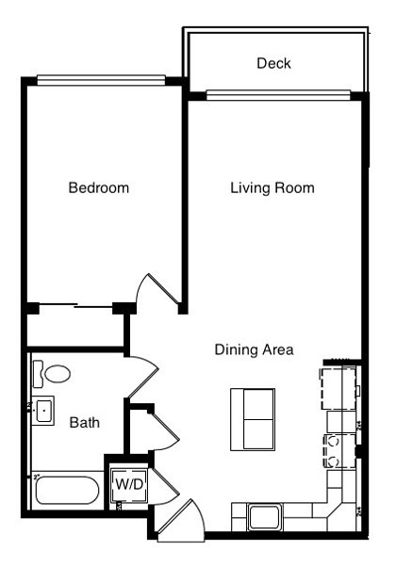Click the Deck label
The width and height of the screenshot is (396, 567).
[273, 63]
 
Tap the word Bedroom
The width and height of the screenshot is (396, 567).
[99, 187]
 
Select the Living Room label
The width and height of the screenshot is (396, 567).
[272, 187]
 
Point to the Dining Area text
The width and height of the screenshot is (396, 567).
[255, 349]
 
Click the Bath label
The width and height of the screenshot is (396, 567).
[84, 422]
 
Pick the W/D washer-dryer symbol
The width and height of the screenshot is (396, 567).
[129, 484]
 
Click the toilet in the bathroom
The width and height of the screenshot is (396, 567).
[52, 374]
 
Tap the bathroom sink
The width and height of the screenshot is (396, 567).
[43, 411]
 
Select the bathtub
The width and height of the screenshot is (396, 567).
[67, 491]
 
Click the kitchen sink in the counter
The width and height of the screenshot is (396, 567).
[264, 517]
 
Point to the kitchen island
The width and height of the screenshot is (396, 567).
[253, 419]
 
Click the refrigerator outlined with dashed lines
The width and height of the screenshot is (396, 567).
[338, 388]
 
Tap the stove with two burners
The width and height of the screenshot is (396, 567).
[339, 451]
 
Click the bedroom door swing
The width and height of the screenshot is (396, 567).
[158, 291]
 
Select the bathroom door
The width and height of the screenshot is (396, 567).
[143, 377]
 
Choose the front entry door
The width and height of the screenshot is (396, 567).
[181, 521]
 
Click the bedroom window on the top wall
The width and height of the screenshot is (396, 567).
[101, 80]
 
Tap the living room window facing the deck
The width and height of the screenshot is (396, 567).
[278, 95]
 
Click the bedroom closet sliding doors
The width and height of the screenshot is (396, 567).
[75, 306]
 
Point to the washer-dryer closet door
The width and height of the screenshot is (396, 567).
[165, 486]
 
